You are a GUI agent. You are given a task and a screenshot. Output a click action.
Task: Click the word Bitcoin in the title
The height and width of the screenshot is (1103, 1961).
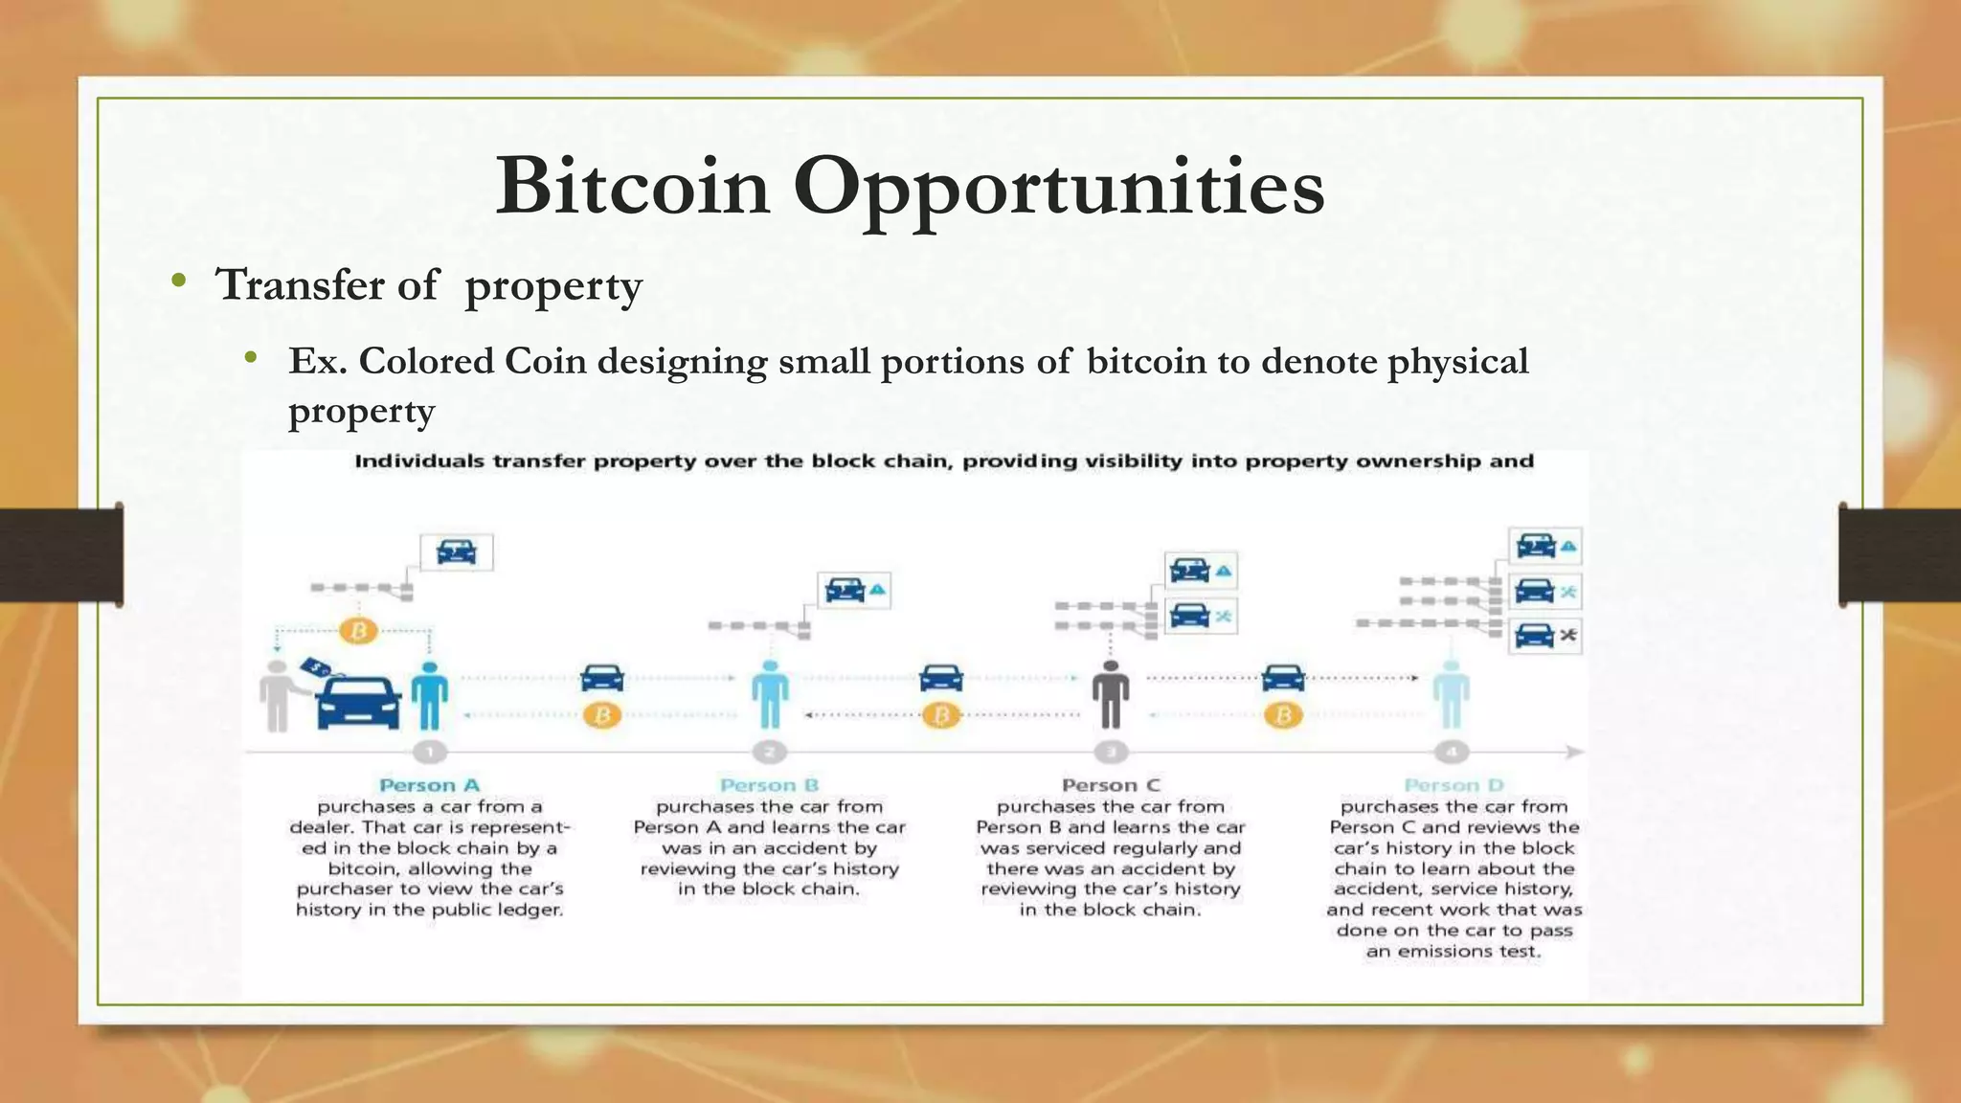[633, 187]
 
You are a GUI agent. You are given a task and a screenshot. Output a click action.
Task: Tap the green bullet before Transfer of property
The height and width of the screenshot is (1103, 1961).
[178, 281]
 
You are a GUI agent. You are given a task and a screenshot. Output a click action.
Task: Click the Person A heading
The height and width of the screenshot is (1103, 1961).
[429, 785]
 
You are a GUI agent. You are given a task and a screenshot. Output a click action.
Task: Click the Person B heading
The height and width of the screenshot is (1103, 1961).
[769, 785]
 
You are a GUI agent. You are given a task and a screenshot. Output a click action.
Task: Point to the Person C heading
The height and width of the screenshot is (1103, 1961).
[1111, 785]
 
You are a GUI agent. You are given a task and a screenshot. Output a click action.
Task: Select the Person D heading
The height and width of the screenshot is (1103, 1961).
[1454, 785]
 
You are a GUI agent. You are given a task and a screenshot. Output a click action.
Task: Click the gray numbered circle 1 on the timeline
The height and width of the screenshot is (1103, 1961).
[430, 753]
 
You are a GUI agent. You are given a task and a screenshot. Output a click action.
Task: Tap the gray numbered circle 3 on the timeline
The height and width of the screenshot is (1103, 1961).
[1111, 753]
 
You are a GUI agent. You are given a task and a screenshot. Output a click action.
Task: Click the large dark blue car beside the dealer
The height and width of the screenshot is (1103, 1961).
[358, 703]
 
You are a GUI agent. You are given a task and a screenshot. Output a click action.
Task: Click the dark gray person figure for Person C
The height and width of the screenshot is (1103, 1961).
[1111, 694]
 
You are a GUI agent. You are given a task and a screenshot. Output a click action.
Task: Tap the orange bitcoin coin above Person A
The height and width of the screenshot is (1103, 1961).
[359, 631]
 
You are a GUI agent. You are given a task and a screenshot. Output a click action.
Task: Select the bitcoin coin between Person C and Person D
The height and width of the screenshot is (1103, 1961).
[1283, 715]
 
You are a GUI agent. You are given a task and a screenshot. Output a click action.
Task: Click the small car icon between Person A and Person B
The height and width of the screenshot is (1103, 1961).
[602, 678]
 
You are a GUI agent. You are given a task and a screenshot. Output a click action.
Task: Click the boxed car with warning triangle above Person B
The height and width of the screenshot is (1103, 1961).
[853, 590]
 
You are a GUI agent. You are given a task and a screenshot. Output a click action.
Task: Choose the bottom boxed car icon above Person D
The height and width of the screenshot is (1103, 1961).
[1544, 635]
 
